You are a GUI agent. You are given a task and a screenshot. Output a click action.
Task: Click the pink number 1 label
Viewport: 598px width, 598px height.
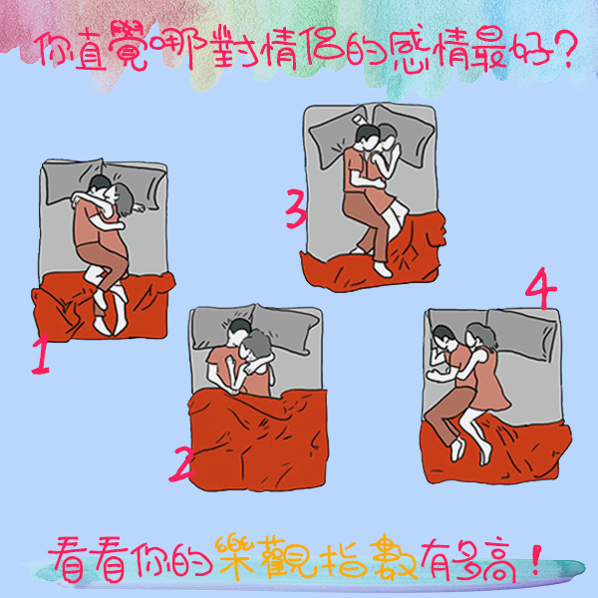pyautogui.click(x=41, y=354)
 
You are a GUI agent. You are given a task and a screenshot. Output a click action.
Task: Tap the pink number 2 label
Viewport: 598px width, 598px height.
pyautogui.click(x=182, y=464)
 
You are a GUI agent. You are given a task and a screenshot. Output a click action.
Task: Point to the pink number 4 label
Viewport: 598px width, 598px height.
pyautogui.click(x=541, y=288)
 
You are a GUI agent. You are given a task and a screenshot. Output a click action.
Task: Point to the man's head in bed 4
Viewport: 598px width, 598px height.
pyautogui.click(x=445, y=338)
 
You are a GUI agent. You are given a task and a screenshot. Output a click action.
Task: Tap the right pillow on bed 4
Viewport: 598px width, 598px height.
pyautogui.click(x=521, y=333)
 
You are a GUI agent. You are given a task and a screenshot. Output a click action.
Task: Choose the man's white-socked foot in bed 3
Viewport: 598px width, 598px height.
pyautogui.click(x=383, y=269)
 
